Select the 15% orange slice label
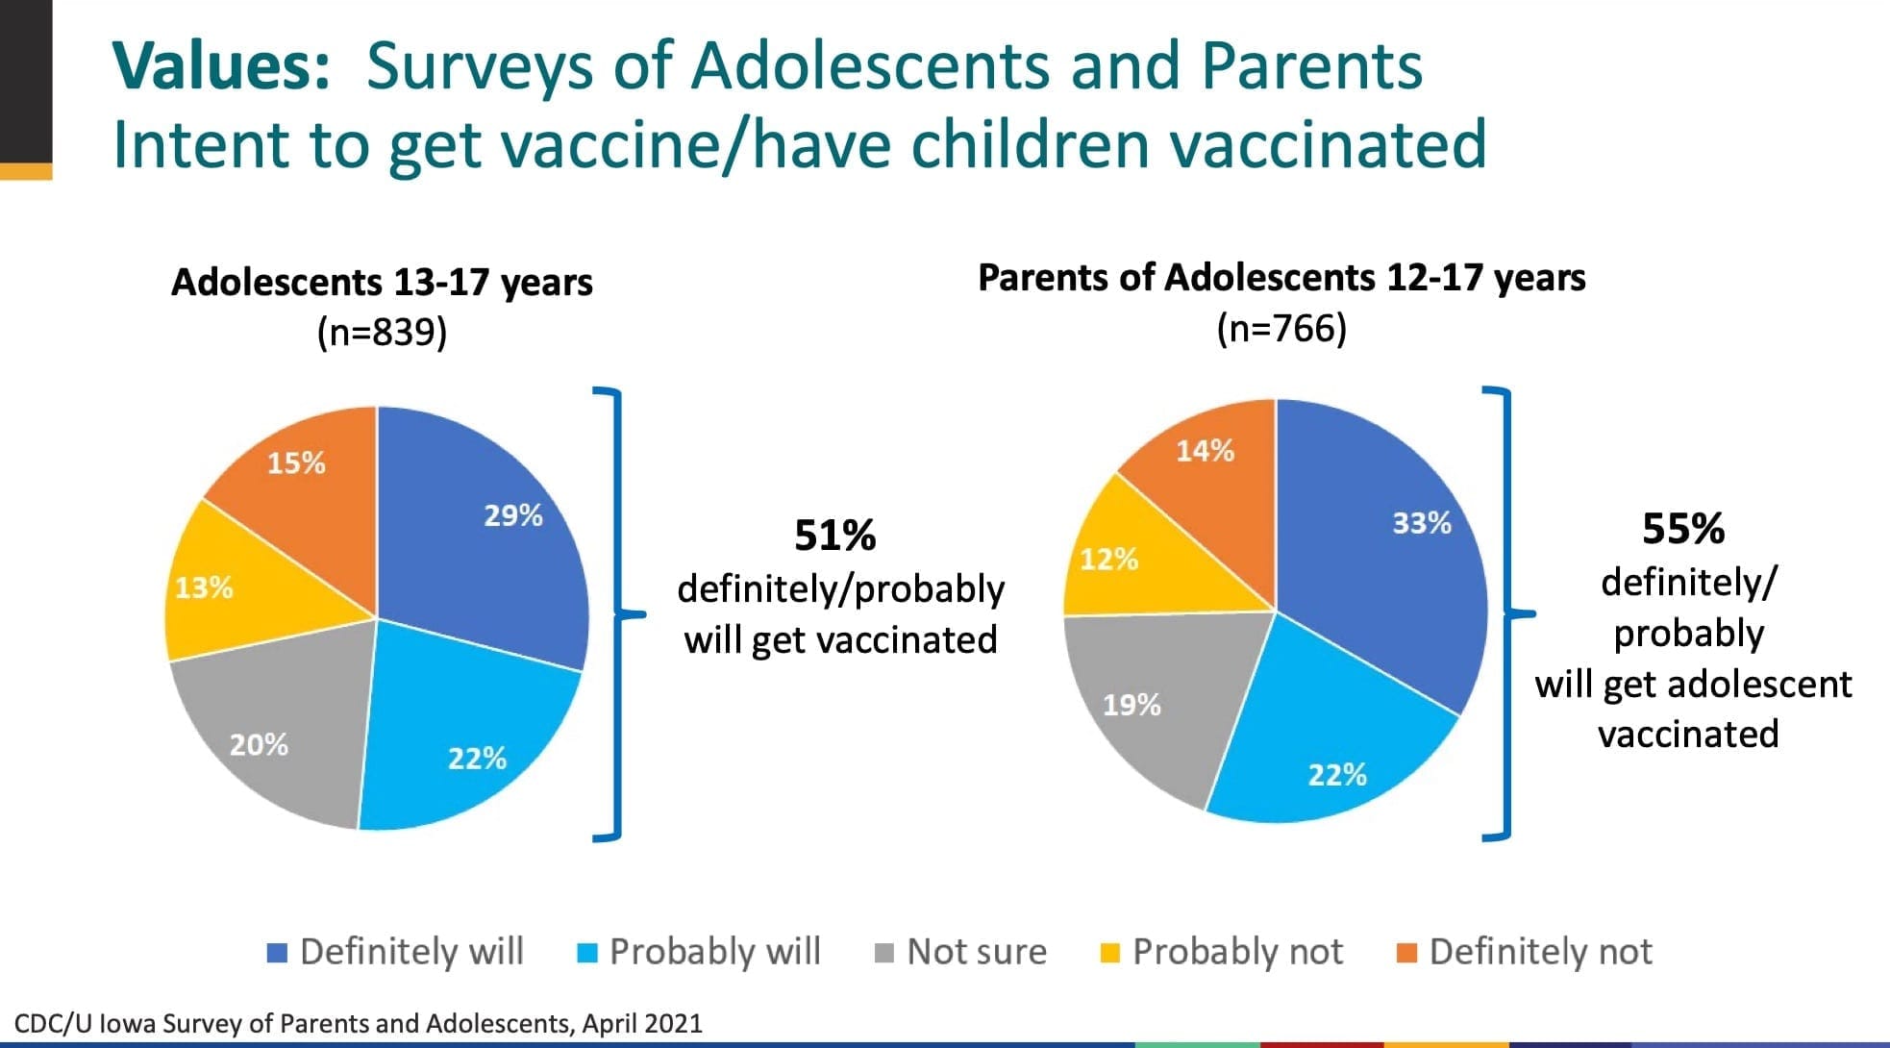(296, 463)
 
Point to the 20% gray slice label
(259, 744)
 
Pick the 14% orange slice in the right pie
(1205, 451)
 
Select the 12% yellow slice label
(1108, 560)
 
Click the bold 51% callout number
(834, 536)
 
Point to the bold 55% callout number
(1682, 529)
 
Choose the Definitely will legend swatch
(277, 953)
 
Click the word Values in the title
(222, 65)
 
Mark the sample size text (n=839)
(382, 333)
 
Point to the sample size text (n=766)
(1281, 329)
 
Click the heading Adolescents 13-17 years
(382, 282)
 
